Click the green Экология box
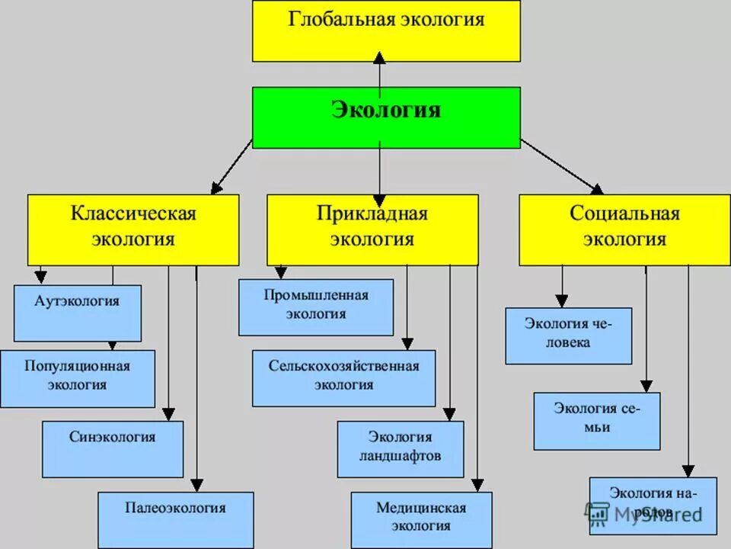point(386,117)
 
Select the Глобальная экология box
point(386,31)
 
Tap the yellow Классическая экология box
point(133,230)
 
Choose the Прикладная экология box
point(372,230)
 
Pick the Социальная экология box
point(624,230)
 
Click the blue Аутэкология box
point(78,313)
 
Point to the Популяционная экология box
point(78,378)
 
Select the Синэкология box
point(113,448)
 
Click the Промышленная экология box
point(316,307)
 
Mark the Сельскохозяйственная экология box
point(344,377)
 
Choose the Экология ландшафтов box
point(401,448)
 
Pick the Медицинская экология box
point(421,519)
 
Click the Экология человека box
point(568,335)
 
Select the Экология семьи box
point(596,420)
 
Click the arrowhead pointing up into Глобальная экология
point(380,56)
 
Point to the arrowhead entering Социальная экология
point(596,188)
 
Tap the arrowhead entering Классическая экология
point(215,188)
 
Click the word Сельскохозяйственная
point(343,366)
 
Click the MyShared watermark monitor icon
point(597,513)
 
